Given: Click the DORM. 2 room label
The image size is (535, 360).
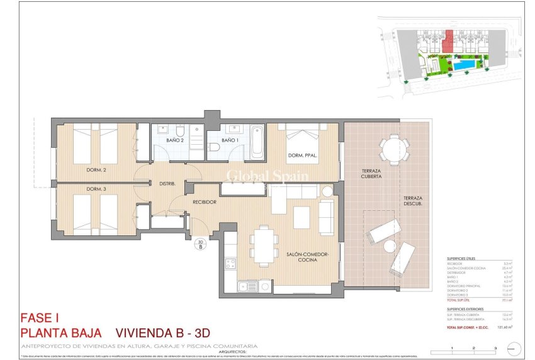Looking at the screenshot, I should pos(96,170).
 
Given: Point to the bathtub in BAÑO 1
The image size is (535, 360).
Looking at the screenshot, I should pos(256,143).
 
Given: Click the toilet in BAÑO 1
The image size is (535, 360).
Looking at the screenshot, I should pos(215,147).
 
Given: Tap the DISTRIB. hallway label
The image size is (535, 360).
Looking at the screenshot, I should pos(167,184).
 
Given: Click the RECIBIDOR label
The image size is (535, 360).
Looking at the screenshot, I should pos(205,202).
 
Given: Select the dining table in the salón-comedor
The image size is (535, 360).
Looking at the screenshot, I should pos(263,246).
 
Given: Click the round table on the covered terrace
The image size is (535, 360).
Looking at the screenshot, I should pos(394,150).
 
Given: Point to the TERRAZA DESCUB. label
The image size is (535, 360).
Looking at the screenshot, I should pos(412,200).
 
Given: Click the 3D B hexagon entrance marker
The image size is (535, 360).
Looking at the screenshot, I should pos(201,244).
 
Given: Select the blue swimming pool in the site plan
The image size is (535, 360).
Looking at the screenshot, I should pos(466,65).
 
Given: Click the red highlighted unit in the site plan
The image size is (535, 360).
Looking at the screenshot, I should pos(448,41).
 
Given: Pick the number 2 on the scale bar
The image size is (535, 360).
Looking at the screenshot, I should pos(473,347).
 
